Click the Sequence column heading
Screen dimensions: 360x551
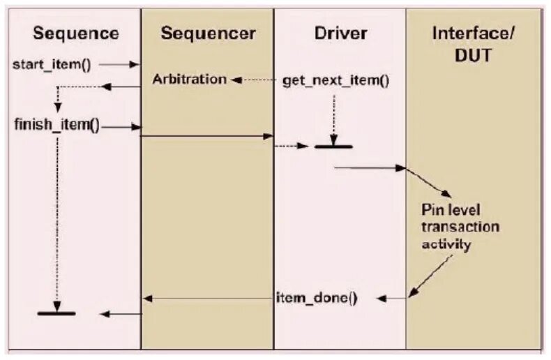[76, 33]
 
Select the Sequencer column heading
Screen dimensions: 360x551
[207, 33]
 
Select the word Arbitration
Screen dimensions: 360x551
[190, 80]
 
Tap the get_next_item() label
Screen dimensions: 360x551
[335, 80]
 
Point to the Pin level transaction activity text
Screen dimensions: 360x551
[460, 227]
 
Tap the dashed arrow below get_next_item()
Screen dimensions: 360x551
[334, 115]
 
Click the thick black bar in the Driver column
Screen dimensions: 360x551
[333, 147]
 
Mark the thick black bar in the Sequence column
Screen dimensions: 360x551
[56, 313]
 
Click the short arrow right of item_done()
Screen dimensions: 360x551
[392, 299]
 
